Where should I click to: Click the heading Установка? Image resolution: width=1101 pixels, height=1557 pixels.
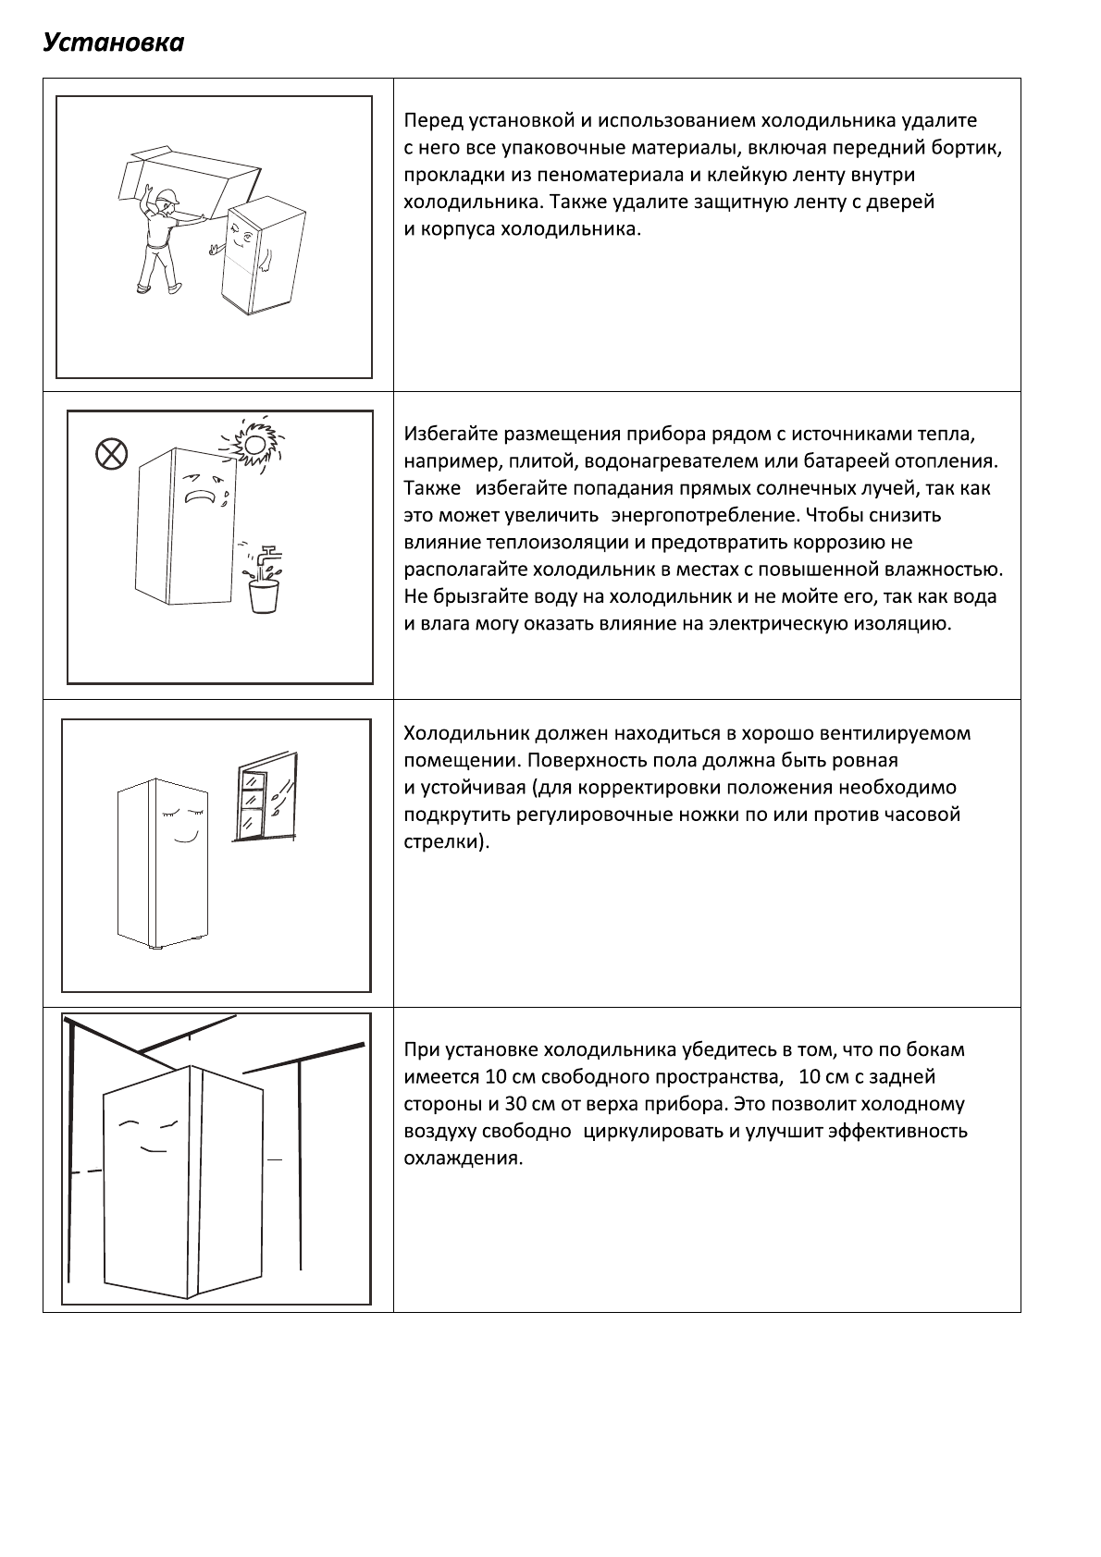click(113, 43)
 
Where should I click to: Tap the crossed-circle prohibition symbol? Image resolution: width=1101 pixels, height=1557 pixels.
click(111, 453)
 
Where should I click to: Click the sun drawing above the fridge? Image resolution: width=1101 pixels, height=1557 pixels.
click(251, 445)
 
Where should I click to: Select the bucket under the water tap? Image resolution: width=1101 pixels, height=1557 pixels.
click(265, 595)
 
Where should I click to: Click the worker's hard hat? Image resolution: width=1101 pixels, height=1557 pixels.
click(167, 196)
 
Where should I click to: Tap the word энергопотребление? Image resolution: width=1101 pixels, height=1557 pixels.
click(704, 515)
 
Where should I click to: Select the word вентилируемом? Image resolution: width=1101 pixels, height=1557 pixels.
click(896, 734)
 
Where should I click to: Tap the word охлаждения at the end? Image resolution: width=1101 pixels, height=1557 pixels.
click(463, 1159)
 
